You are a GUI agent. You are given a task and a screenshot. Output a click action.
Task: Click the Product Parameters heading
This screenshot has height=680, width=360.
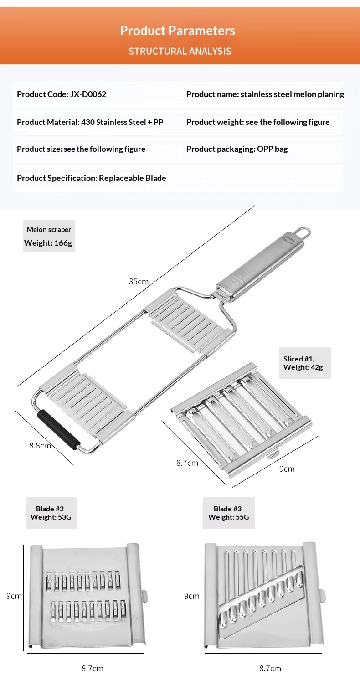click(177, 31)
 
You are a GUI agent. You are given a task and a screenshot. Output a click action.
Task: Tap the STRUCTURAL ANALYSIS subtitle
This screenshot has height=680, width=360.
click(180, 51)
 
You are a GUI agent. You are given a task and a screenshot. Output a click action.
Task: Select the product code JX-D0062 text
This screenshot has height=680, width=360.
click(62, 94)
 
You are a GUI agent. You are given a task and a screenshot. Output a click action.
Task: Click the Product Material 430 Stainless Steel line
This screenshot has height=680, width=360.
click(90, 122)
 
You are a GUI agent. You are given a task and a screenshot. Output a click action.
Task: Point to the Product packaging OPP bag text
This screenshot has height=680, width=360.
click(237, 149)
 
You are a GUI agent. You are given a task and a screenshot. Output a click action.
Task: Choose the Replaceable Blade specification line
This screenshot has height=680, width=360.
click(91, 178)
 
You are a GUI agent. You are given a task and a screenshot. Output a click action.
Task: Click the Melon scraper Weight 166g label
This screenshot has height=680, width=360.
click(48, 236)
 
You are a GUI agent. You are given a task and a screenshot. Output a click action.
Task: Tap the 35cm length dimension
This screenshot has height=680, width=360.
click(139, 281)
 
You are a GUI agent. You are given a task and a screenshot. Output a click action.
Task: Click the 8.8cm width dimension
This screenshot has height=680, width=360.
click(40, 445)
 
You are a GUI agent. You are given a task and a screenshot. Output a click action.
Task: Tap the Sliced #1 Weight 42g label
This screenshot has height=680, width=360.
click(304, 363)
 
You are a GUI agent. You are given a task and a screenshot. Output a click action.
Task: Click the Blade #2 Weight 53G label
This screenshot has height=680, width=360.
click(51, 513)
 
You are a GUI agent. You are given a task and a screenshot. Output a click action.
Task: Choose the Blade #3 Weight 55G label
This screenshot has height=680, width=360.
click(228, 513)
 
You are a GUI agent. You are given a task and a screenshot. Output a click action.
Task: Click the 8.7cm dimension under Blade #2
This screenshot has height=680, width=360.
click(93, 669)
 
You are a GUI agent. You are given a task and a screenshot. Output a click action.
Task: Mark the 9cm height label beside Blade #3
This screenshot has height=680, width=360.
click(192, 596)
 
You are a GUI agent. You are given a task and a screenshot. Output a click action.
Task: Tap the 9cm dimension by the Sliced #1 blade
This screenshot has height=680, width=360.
click(287, 469)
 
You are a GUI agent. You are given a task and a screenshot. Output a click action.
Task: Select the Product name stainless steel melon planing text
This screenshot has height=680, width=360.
click(265, 94)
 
